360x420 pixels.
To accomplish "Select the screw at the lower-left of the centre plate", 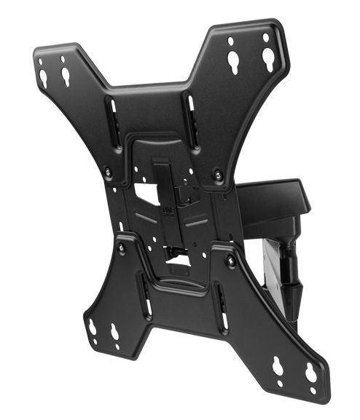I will pyautogui.click(x=121, y=247).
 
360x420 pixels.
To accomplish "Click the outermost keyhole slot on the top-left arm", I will pyautogui.click(x=44, y=76).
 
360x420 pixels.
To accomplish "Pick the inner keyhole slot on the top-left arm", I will pyautogui.click(x=66, y=75).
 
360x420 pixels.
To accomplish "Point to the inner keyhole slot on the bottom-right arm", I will pyautogui.click(x=278, y=366).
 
